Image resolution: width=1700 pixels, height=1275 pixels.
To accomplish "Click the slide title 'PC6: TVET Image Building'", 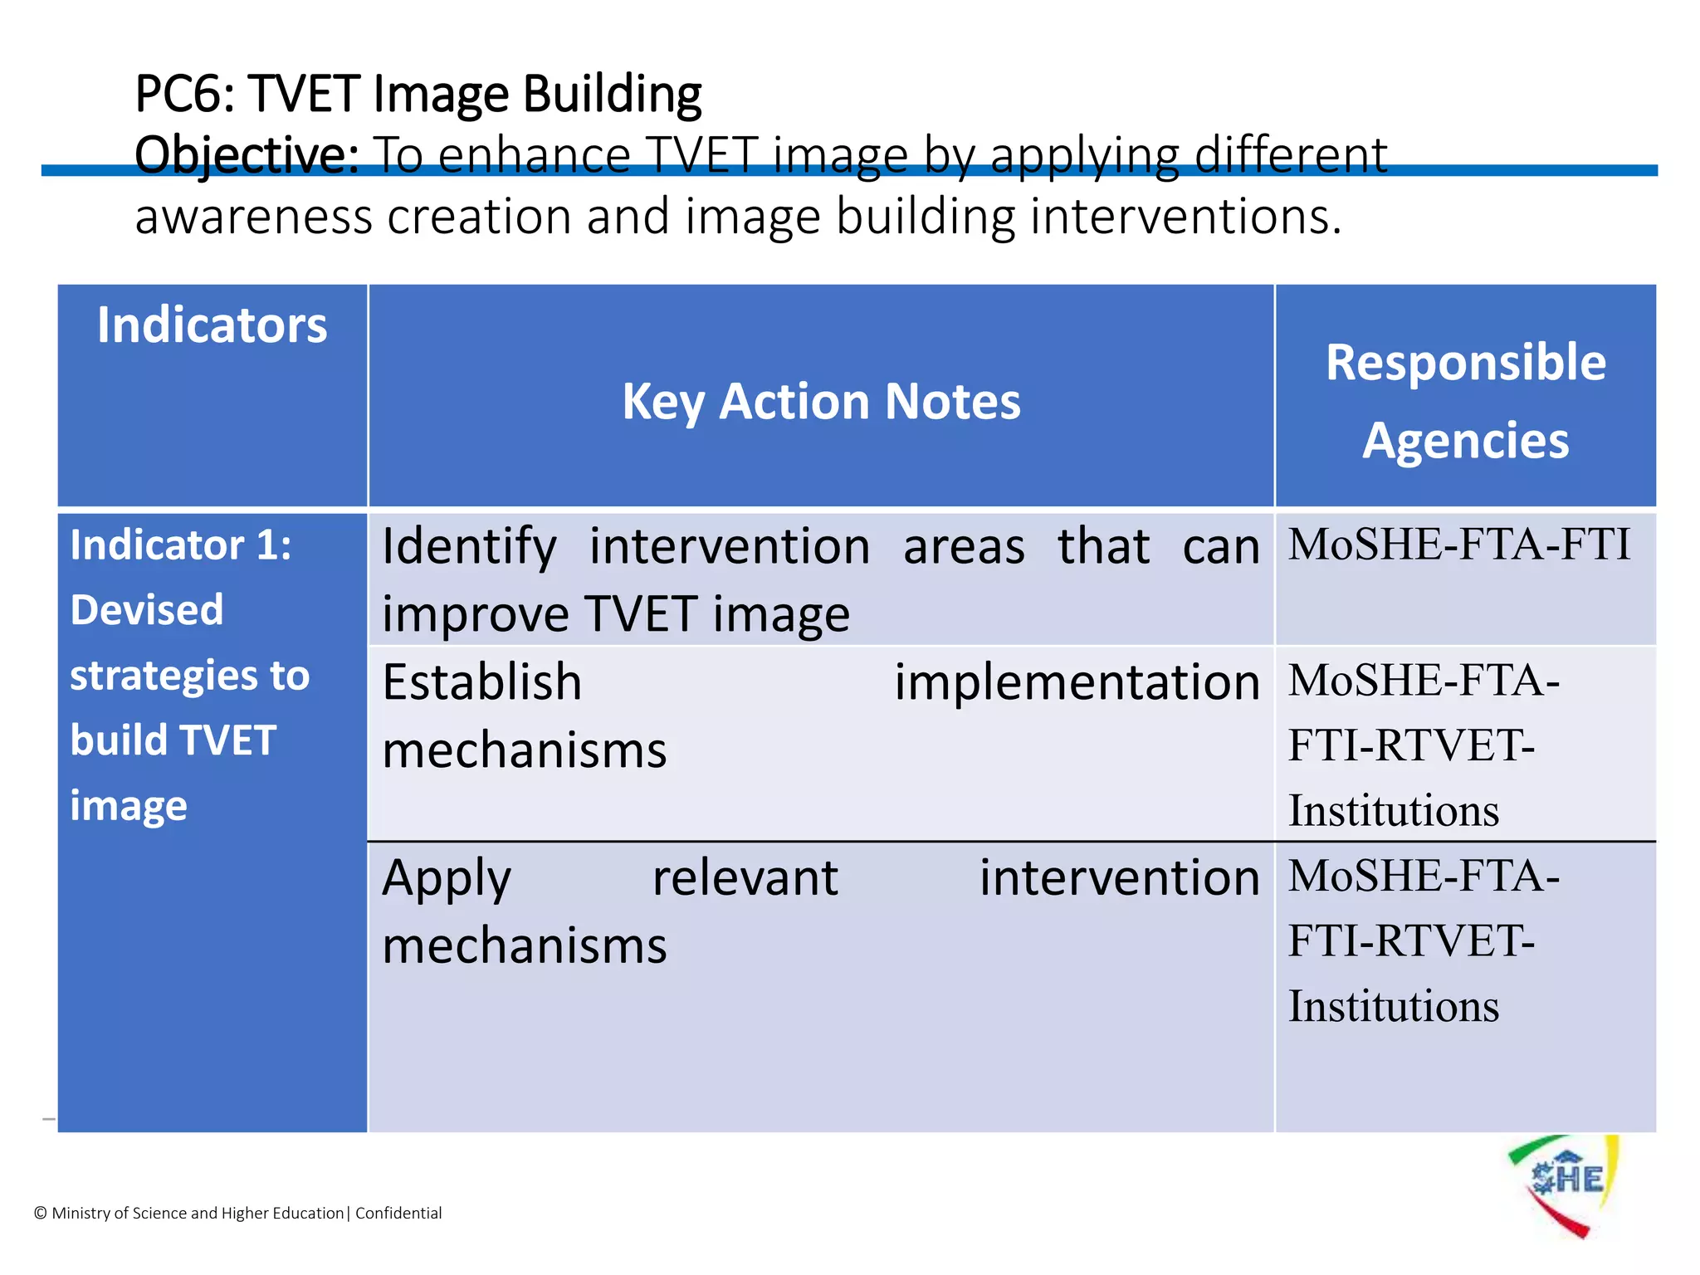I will point(418,94).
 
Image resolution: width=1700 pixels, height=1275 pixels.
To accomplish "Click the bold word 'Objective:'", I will point(247,155).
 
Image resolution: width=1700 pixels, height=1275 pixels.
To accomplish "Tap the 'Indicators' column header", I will point(212,325).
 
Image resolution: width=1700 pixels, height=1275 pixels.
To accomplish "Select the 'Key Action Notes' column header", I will point(821,402).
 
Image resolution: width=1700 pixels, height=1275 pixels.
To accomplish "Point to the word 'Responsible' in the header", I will point(1465,362).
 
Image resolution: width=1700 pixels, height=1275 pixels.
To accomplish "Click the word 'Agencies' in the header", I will point(1465,440).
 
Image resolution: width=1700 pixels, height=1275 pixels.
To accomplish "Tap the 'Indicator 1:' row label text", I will point(181,545).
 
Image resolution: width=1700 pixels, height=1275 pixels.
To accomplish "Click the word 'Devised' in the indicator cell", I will point(147,610).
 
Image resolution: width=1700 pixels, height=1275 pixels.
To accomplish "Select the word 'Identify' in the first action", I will point(469,548).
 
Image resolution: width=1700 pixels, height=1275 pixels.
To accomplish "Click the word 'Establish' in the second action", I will point(481,682).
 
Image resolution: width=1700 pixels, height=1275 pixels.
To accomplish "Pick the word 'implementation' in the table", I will point(1077,682).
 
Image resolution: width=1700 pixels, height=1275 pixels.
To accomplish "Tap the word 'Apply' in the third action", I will point(447,879).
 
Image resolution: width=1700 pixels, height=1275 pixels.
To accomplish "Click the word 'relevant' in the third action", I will point(745,878).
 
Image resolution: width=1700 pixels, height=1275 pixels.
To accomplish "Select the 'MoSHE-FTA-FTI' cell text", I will point(1458,545).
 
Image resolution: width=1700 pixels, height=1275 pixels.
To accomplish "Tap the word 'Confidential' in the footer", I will point(398,1213).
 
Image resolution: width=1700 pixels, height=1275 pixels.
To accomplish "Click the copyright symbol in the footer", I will point(41,1214).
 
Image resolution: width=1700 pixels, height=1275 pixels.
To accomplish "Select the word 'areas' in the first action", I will point(964,548).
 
